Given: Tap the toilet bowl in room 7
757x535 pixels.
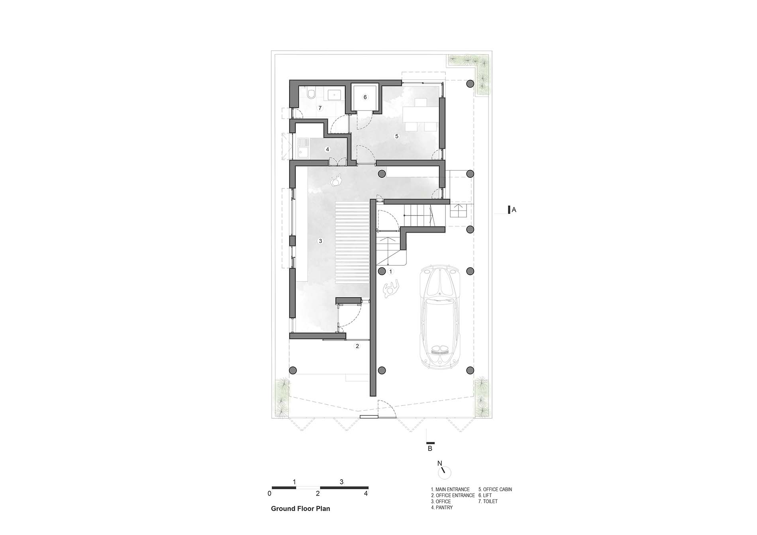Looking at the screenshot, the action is coord(311,94).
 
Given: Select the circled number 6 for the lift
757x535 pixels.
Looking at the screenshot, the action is coord(365,97).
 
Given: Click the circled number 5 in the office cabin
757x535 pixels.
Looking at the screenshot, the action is coord(396,136).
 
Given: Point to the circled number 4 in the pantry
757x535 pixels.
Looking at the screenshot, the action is coord(328,149).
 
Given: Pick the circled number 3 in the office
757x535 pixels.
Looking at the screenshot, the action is coord(320,241).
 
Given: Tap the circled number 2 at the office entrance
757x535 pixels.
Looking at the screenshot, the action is coord(357,346).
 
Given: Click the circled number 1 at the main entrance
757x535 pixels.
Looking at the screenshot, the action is coord(390,272).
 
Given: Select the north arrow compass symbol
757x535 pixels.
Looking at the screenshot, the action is coord(444,472).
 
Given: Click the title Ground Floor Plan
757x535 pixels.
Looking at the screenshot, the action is coord(300,509).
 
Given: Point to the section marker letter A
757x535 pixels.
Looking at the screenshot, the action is coord(514,210).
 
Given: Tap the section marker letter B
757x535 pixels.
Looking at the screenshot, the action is coord(430,449).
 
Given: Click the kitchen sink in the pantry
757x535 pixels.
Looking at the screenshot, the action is coord(303,148).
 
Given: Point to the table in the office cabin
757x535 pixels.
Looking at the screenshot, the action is coord(418,115).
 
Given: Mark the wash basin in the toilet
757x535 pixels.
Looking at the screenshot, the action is coord(334,95).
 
